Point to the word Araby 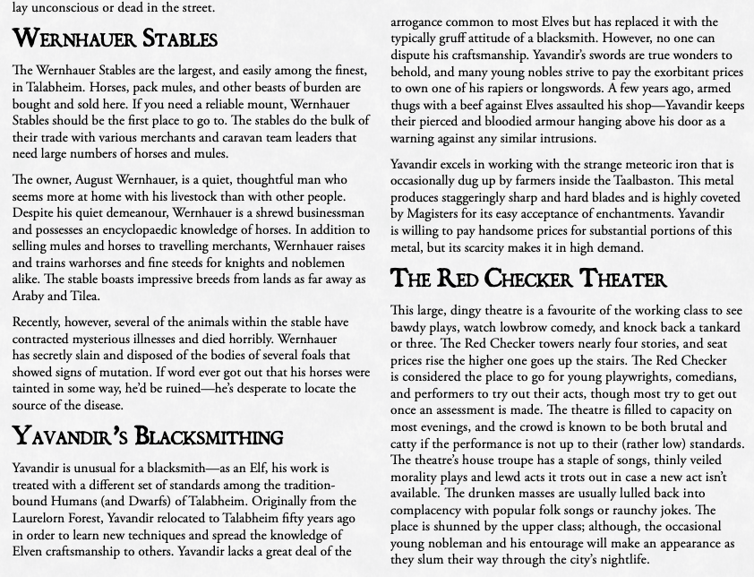[x=30, y=296]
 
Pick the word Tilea [x=83, y=296]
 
